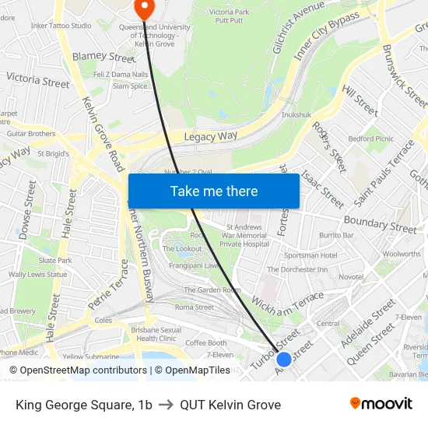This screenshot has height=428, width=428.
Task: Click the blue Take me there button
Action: pyautogui.click(x=214, y=191)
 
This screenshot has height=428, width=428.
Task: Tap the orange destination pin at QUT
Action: pyautogui.click(x=145, y=8)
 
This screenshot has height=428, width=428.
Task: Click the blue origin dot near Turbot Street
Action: pyautogui.click(x=284, y=360)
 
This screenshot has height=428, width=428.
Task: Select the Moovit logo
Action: pyautogui.click(x=381, y=403)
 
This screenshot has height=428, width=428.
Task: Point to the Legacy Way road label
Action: pyautogui.click(x=209, y=137)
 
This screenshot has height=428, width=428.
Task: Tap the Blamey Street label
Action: pyautogui.click(x=103, y=57)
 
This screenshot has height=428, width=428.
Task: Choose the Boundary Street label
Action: pyautogui.click(x=380, y=223)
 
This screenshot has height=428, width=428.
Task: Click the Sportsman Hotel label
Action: pyautogui.click(x=310, y=255)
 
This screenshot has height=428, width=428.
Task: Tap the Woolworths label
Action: pyautogui.click(x=402, y=254)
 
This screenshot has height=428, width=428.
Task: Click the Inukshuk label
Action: pyautogui.click(x=296, y=114)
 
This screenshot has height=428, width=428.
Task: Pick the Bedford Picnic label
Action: pyautogui.click(x=371, y=139)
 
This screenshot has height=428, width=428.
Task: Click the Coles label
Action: pyautogui.click(x=103, y=320)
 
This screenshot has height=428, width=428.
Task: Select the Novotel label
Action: pyautogui.click(x=351, y=277)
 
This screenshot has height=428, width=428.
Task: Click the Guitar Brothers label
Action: pyautogui.click(x=31, y=133)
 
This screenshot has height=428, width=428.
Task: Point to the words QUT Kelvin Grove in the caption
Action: pyautogui.click(x=230, y=405)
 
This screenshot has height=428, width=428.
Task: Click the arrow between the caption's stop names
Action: pyautogui.click(x=166, y=405)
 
